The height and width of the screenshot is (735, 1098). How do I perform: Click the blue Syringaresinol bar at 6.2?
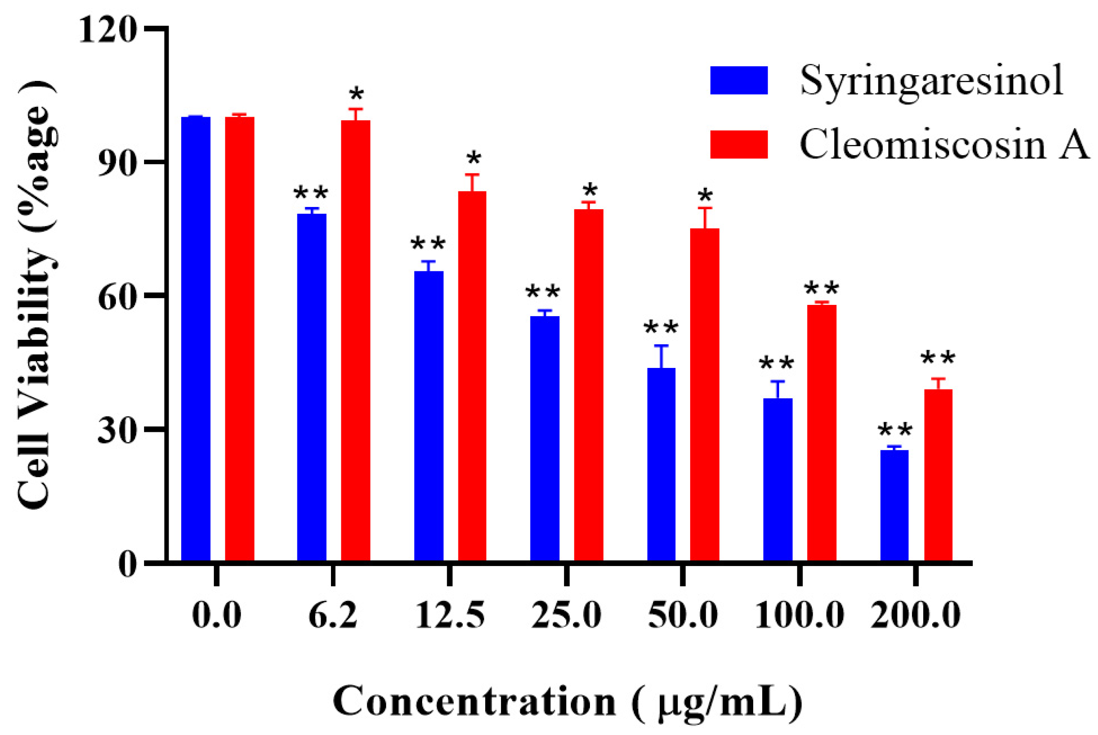coord(311,387)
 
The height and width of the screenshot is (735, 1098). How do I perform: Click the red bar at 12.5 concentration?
coord(472,375)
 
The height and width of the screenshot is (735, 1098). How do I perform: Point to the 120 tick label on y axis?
coord(107,30)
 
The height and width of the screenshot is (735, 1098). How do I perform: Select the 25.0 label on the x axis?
coord(566,615)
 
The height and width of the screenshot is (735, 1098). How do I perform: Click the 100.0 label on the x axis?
coord(799,615)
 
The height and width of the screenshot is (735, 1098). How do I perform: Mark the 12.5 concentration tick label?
coord(449,615)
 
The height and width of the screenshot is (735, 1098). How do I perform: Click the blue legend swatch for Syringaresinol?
coord(738,80)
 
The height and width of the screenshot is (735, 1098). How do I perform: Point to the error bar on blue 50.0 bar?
coord(661,356)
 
